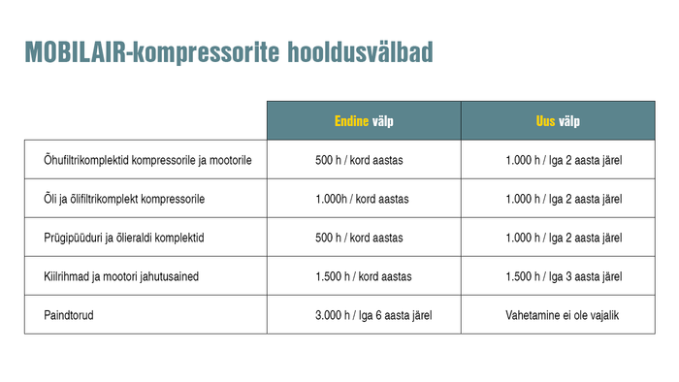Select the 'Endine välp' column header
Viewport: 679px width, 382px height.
(x=364, y=121)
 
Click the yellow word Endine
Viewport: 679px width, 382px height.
(x=351, y=121)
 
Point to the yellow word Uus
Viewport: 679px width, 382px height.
(x=546, y=121)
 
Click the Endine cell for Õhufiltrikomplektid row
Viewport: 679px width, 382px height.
(x=363, y=160)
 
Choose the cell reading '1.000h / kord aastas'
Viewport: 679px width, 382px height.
(x=363, y=199)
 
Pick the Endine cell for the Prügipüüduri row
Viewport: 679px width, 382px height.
(x=363, y=238)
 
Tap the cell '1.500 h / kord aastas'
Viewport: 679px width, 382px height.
(x=363, y=276)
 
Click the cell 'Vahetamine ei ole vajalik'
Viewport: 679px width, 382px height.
(x=563, y=315)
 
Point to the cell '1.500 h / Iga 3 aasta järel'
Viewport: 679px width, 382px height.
(x=564, y=276)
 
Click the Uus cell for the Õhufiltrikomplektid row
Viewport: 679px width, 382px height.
(x=564, y=160)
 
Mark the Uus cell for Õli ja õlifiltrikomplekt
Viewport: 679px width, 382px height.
(x=564, y=199)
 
